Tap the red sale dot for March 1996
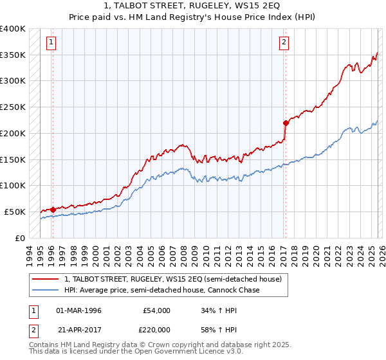(53, 209)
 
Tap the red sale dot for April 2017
(286, 122)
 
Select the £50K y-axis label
(15, 212)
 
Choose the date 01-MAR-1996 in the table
(78, 310)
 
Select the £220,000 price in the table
(156, 329)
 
